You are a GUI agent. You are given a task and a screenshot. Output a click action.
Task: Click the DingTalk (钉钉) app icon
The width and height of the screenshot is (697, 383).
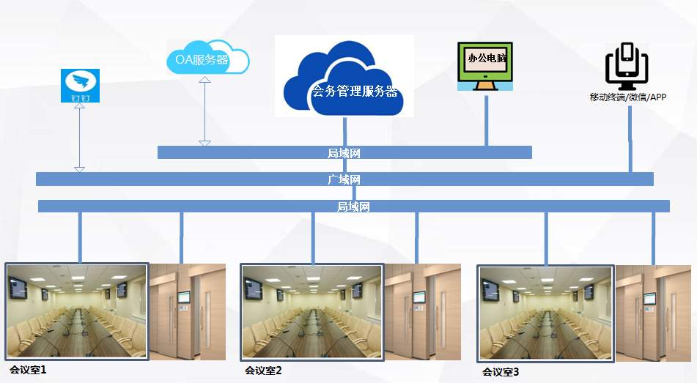tap(80, 85)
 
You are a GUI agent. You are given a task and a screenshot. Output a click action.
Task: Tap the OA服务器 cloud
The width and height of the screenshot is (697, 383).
tap(207, 58)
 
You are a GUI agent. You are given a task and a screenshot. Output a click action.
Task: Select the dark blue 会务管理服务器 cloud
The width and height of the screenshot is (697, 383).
tap(344, 78)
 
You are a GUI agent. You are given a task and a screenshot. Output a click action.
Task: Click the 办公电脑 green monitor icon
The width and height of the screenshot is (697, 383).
tap(485, 66)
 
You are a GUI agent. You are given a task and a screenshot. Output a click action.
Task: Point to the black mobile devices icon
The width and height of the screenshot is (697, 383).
tap(627, 66)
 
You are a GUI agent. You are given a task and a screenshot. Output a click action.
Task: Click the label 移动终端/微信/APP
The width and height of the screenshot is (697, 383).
tap(627, 97)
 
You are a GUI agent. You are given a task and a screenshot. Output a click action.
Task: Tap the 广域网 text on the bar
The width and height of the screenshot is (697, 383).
tap(344, 179)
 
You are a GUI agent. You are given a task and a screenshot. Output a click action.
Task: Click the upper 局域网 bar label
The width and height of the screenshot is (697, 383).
tap(344, 153)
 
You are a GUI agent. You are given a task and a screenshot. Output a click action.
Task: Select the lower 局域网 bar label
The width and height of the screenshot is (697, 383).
tap(353, 207)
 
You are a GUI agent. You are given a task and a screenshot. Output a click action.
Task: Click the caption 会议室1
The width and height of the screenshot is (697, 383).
tap(28, 370)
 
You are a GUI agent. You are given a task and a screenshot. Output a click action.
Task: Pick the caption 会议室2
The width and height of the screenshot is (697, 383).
tap(263, 371)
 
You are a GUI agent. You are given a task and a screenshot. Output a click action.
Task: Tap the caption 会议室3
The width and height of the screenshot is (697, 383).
tap(501, 372)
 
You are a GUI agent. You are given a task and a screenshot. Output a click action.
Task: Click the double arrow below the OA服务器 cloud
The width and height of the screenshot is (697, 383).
tap(204, 111)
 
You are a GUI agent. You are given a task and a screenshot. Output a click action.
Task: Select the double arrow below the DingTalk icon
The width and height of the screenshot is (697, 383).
tap(79, 137)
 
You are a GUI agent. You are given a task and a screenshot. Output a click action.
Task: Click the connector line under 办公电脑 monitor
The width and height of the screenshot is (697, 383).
tap(487, 120)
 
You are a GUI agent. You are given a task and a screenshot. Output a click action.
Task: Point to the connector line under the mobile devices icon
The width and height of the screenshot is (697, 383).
tap(630, 138)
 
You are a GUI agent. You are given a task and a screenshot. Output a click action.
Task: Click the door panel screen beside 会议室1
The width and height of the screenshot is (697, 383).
tap(183, 298)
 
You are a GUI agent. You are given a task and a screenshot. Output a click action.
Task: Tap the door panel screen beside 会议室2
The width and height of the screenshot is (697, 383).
tap(419, 298)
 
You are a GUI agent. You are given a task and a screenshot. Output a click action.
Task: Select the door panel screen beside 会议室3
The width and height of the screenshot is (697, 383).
tap(649, 299)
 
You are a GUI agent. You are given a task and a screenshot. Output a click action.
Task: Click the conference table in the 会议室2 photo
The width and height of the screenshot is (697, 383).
tap(311, 333)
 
